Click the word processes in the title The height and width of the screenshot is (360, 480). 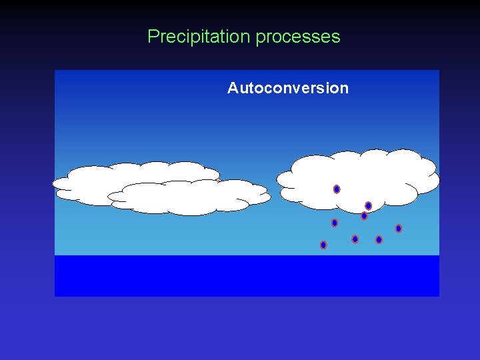[298, 38]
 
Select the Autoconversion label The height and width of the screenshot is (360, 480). [287, 88]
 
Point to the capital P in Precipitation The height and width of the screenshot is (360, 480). [153, 37]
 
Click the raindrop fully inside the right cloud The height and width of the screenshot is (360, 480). [337, 189]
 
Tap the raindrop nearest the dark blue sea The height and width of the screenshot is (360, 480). [323, 245]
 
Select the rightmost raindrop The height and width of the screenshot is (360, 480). [399, 229]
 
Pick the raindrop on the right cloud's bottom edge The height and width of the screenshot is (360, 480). [368, 206]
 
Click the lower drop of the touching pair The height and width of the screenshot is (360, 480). [364, 216]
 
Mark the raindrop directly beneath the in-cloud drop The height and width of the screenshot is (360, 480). [335, 223]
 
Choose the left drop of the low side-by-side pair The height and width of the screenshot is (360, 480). [355, 239]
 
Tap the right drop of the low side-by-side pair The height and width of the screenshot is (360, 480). [379, 240]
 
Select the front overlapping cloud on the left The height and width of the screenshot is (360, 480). [190, 199]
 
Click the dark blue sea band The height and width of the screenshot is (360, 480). [247, 275]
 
